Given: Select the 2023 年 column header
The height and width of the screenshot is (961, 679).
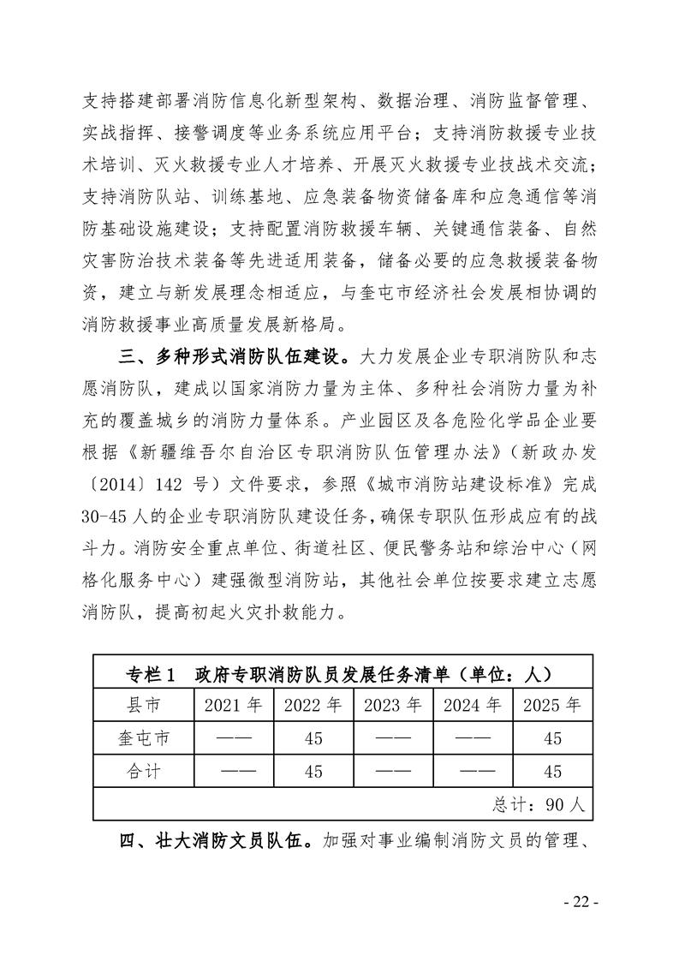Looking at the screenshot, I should pyautogui.click(x=393, y=706).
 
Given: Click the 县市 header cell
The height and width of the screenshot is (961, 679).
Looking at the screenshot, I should pyautogui.click(x=143, y=706).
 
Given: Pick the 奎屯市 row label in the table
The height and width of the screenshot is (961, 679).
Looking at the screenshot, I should pyautogui.click(x=143, y=738).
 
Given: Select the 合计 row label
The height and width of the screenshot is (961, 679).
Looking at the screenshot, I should pyautogui.click(x=143, y=771).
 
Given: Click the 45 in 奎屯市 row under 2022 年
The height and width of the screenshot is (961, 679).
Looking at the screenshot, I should pyautogui.click(x=313, y=738).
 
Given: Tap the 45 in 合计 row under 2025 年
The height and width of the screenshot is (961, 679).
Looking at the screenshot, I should pyautogui.click(x=553, y=771).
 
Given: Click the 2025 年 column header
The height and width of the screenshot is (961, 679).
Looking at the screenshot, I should pyautogui.click(x=553, y=706).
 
